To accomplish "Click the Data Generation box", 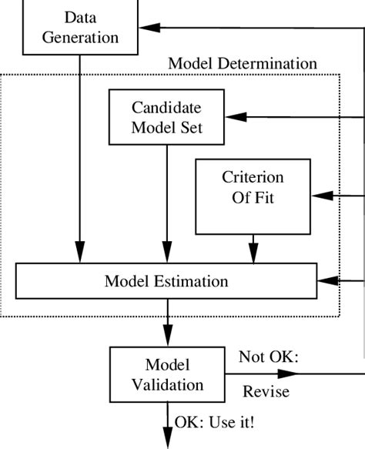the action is [x=80, y=27].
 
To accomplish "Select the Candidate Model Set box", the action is [x=166, y=117].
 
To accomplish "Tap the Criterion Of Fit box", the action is [x=253, y=196].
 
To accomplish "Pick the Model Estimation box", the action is [x=166, y=281].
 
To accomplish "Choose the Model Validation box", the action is [x=167, y=374].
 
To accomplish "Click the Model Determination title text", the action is [x=243, y=63].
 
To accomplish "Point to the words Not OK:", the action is [x=269, y=357].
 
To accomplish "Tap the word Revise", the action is [x=266, y=391].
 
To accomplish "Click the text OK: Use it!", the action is [x=214, y=422].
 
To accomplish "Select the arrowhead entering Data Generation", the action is [x=149, y=28].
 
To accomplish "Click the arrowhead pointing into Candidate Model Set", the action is [x=236, y=117].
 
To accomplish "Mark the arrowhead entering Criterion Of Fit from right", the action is [x=323, y=196].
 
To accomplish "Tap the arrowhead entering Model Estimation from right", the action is [x=328, y=281].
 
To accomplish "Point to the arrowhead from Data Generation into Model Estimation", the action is [x=80, y=252].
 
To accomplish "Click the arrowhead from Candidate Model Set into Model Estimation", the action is [x=167, y=252].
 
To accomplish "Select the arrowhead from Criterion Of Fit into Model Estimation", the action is [x=253, y=253].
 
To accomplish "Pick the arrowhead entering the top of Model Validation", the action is [x=168, y=336].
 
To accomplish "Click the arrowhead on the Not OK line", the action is [x=288, y=374].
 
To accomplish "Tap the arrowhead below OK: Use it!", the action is [x=168, y=438].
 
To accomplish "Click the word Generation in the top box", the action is [x=80, y=38].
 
